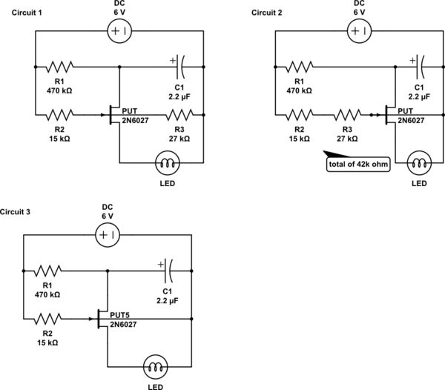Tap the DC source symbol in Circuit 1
(x=119, y=31)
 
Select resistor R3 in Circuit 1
(x=179, y=115)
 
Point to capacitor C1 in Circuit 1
(x=179, y=67)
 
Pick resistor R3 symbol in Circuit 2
(x=346, y=115)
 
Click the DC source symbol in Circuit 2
(x=359, y=31)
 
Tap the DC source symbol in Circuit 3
(x=108, y=237)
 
